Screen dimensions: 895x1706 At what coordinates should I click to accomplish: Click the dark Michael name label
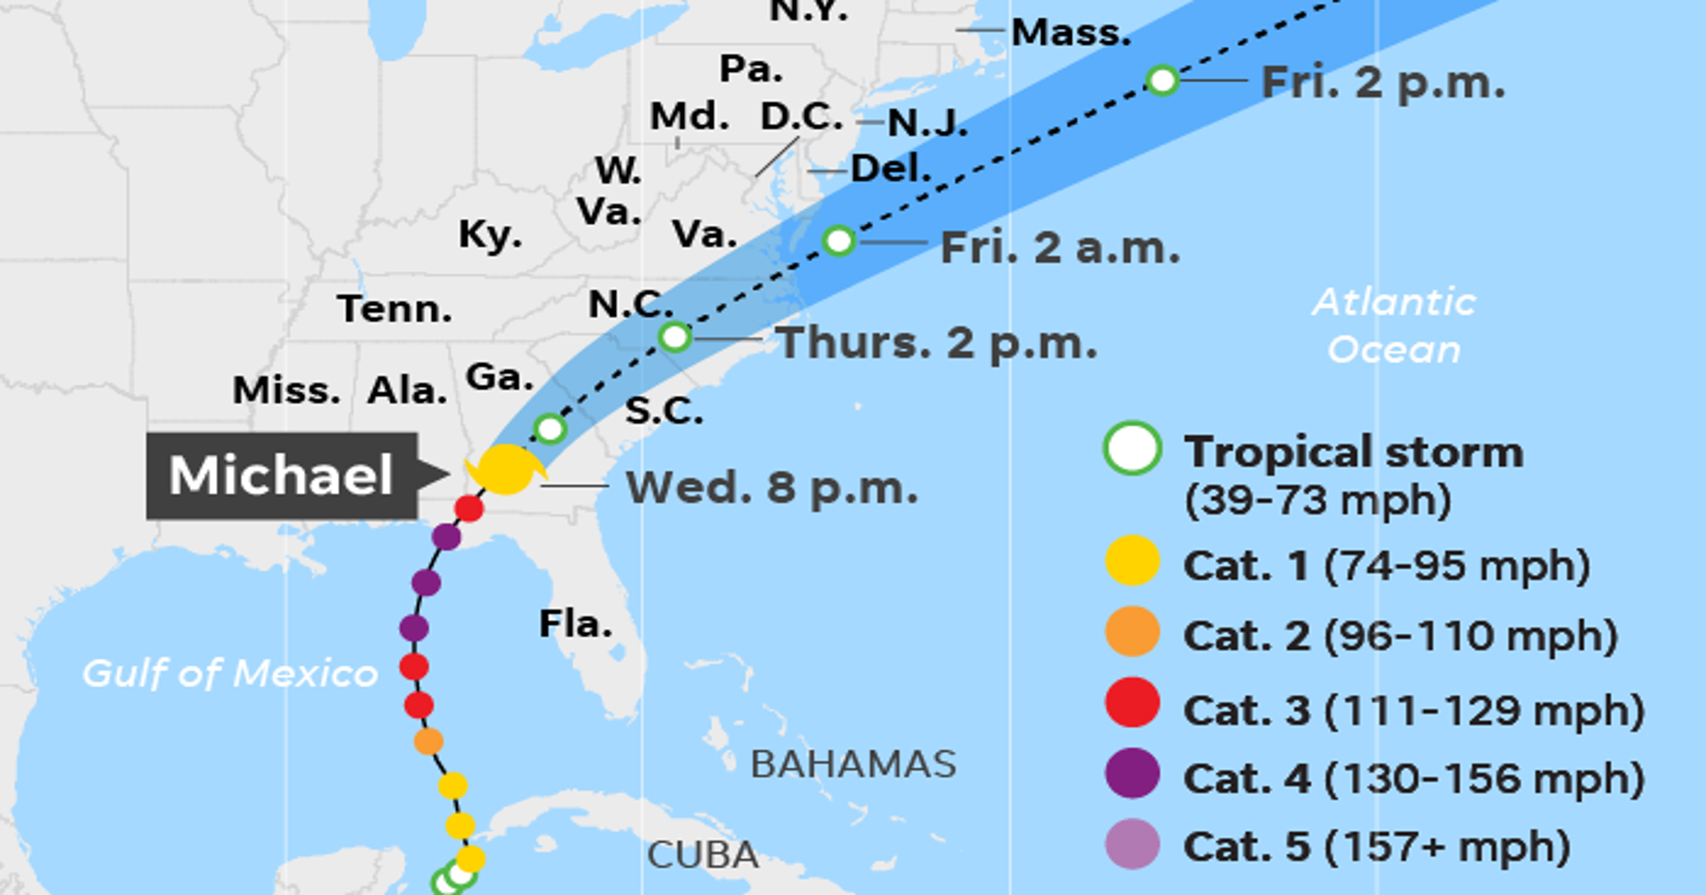[x=282, y=475]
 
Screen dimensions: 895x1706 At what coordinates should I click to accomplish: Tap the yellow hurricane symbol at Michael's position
[x=506, y=469]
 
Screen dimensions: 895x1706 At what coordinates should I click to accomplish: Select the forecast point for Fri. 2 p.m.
[x=1162, y=81]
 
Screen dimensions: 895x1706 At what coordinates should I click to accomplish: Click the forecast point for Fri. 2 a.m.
[x=839, y=241]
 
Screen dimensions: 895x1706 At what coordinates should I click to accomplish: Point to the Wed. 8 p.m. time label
[x=771, y=488]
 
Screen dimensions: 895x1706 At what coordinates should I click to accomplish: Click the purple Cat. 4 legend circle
[x=1132, y=773]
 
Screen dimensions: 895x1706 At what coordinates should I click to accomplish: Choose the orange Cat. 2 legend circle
[x=1132, y=631]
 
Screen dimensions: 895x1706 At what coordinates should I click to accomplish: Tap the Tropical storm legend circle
[x=1132, y=448]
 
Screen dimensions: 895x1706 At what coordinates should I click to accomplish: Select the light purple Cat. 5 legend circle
[x=1132, y=844]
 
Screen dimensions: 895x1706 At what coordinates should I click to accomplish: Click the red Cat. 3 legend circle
[x=1132, y=702]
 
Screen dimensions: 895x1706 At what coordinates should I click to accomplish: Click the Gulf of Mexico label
[x=230, y=674]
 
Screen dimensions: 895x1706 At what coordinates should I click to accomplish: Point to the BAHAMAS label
[x=853, y=764]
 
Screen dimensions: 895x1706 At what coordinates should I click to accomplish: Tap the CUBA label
[x=703, y=855]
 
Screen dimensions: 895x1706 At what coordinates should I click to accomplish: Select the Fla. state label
[x=575, y=624]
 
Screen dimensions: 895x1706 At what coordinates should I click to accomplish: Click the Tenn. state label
[x=395, y=308]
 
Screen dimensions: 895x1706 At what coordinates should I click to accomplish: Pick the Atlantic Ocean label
[x=1394, y=326]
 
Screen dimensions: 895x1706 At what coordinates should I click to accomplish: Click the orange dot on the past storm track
[x=429, y=742]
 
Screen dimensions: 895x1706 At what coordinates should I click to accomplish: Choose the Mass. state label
[x=1071, y=32]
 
